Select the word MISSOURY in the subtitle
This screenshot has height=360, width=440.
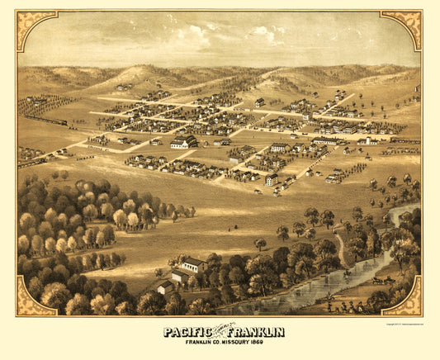(x=234, y=343)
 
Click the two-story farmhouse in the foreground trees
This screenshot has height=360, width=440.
(x=193, y=265)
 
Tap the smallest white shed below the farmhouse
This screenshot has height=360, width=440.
(x=165, y=287)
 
